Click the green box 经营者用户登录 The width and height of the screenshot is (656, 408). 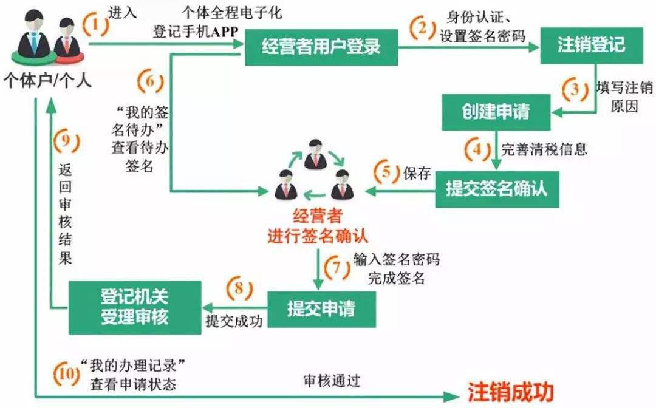[x=321, y=46]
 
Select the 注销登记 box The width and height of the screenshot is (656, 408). [x=591, y=46]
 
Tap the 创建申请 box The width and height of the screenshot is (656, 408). [x=495, y=112]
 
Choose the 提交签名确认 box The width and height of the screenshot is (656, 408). [x=497, y=189]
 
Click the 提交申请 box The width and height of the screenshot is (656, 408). [x=321, y=310]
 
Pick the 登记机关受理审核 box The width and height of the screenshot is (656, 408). [x=134, y=307]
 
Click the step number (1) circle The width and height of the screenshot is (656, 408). [x=95, y=25]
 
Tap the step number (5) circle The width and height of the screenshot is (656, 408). [x=388, y=173]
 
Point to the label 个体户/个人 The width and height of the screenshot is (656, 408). [x=48, y=80]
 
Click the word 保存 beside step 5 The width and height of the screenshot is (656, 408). [x=417, y=173]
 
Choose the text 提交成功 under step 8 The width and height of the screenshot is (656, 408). [x=234, y=321]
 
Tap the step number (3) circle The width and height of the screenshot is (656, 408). [x=572, y=90]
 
